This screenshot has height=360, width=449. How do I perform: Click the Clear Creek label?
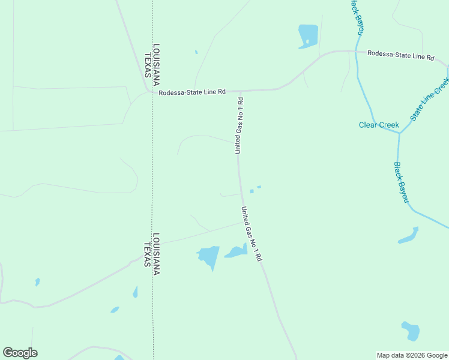click(x=379, y=125)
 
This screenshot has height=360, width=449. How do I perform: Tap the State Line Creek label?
click(x=430, y=98)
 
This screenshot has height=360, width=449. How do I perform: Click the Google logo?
click(x=20, y=353)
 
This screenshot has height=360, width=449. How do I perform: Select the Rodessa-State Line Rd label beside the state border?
click(x=192, y=92)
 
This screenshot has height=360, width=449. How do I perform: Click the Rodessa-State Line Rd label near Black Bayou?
click(x=400, y=55)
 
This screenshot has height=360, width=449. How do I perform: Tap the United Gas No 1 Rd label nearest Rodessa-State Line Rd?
click(x=239, y=125)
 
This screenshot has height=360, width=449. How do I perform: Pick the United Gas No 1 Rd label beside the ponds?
click(x=252, y=233)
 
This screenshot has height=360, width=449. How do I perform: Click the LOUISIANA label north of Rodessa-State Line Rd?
click(x=156, y=61)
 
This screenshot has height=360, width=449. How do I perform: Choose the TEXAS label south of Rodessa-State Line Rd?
click(x=147, y=254)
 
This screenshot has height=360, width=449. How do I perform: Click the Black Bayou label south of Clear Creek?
click(x=401, y=182)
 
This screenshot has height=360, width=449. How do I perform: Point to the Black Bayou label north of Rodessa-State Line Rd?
click(x=357, y=16)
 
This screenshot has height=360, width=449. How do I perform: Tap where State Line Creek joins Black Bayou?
click(x=399, y=133)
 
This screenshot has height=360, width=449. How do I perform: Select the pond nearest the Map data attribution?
click(x=410, y=331)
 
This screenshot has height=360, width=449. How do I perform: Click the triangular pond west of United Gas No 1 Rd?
click(x=209, y=257)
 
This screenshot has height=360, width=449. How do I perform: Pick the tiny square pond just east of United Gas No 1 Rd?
click(x=252, y=191)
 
